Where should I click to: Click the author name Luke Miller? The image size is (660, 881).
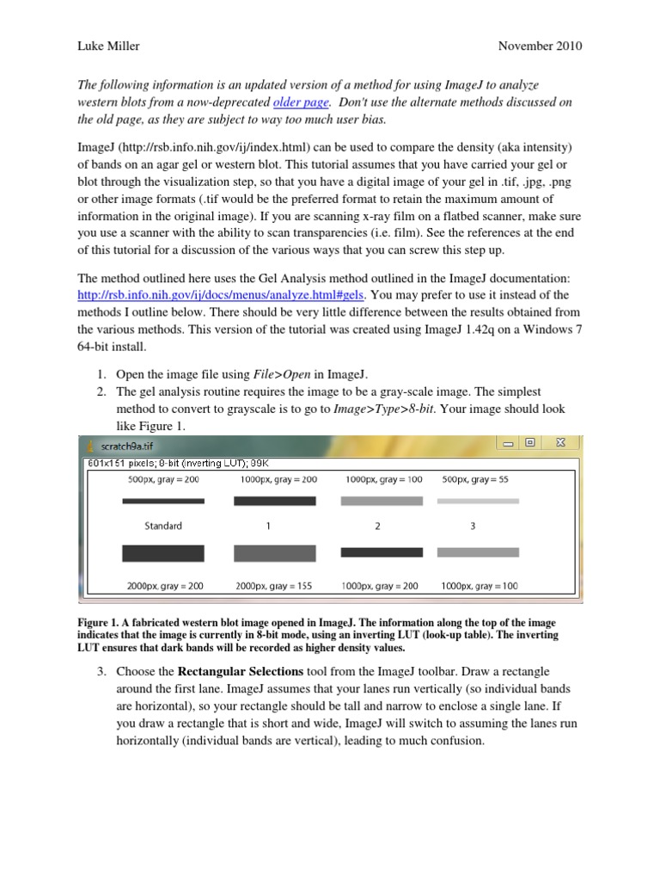[x=109, y=46]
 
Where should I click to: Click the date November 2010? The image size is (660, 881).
[x=539, y=46]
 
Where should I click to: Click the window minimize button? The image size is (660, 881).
[x=508, y=443]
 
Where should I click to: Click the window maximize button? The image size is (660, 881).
[x=530, y=443]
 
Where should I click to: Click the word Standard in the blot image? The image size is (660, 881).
[x=162, y=526]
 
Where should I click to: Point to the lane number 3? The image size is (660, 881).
[x=473, y=526]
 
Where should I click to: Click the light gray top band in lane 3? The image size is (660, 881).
[x=478, y=500]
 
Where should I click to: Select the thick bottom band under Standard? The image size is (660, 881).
[x=163, y=553]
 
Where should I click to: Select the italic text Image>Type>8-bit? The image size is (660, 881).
[x=385, y=409]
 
